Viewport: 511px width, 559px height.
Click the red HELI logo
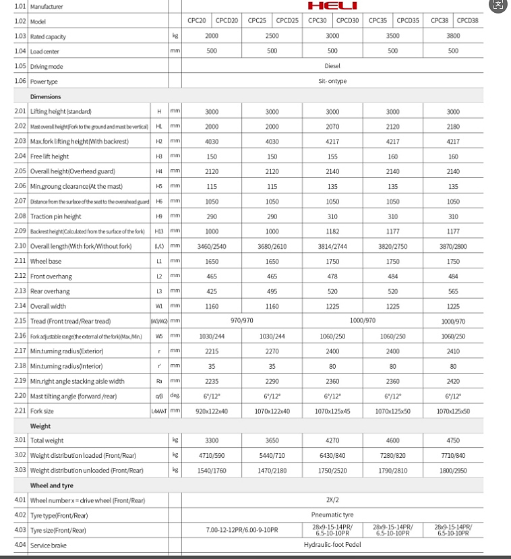[x=332, y=6]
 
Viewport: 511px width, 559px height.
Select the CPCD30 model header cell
[x=347, y=20]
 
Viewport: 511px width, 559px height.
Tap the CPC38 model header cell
[x=438, y=20]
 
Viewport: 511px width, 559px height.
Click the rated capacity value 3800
[x=453, y=35]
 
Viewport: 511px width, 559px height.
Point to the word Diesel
[x=332, y=66]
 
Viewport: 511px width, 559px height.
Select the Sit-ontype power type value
[x=332, y=81]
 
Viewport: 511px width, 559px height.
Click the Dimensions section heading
[x=46, y=96]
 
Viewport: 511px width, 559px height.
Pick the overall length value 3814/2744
[x=332, y=247]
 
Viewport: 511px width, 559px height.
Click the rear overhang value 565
[x=453, y=292]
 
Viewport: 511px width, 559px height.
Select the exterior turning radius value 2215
[x=212, y=351]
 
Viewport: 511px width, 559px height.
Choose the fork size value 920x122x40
[x=212, y=411]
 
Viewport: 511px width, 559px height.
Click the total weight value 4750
[x=453, y=440]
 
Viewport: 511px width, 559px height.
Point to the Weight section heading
[x=40, y=426]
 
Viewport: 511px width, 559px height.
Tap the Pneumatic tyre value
[x=332, y=515]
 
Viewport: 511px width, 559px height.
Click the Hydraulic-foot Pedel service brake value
[x=332, y=545]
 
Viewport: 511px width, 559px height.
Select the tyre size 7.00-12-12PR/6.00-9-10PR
[x=241, y=530]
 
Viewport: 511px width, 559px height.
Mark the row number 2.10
[x=20, y=247]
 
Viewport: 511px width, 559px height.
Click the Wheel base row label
[x=45, y=262]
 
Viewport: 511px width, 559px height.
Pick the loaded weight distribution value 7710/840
[x=453, y=456]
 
